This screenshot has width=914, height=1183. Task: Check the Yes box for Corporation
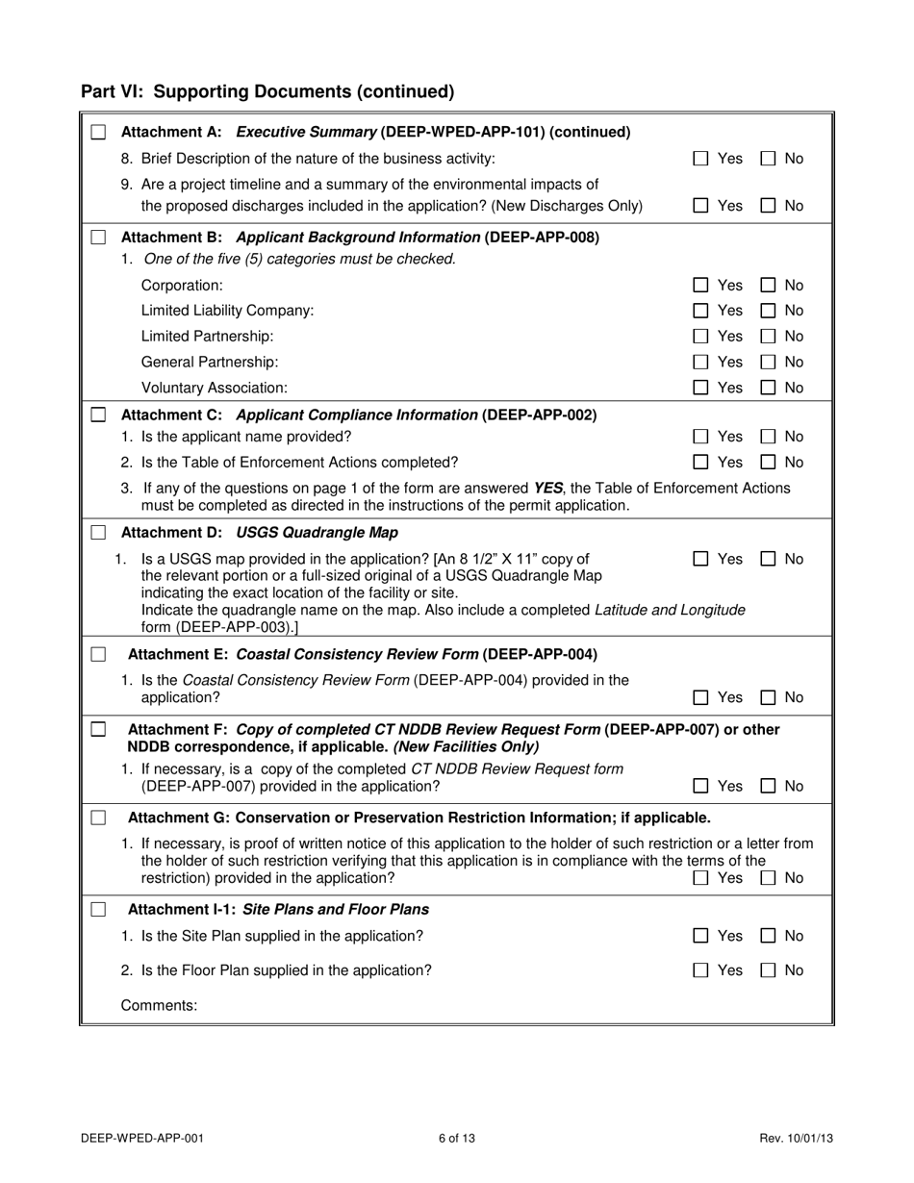tap(701, 286)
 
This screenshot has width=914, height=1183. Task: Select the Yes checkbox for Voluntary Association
tap(701, 388)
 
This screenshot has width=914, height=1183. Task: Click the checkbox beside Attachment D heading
tap(98, 533)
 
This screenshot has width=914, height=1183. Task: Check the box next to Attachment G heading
tap(98, 818)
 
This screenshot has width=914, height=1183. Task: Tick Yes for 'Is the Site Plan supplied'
tap(701, 936)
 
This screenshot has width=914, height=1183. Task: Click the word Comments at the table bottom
tap(159, 1005)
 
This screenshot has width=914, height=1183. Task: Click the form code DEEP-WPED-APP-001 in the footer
tap(142, 1139)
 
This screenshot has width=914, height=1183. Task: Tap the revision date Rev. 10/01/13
tap(796, 1139)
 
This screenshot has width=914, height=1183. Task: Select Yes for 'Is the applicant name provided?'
tap(701, 437)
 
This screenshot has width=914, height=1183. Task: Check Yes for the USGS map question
tap(701, 559)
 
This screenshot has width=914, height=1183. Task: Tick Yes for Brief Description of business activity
tap(701, 159)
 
